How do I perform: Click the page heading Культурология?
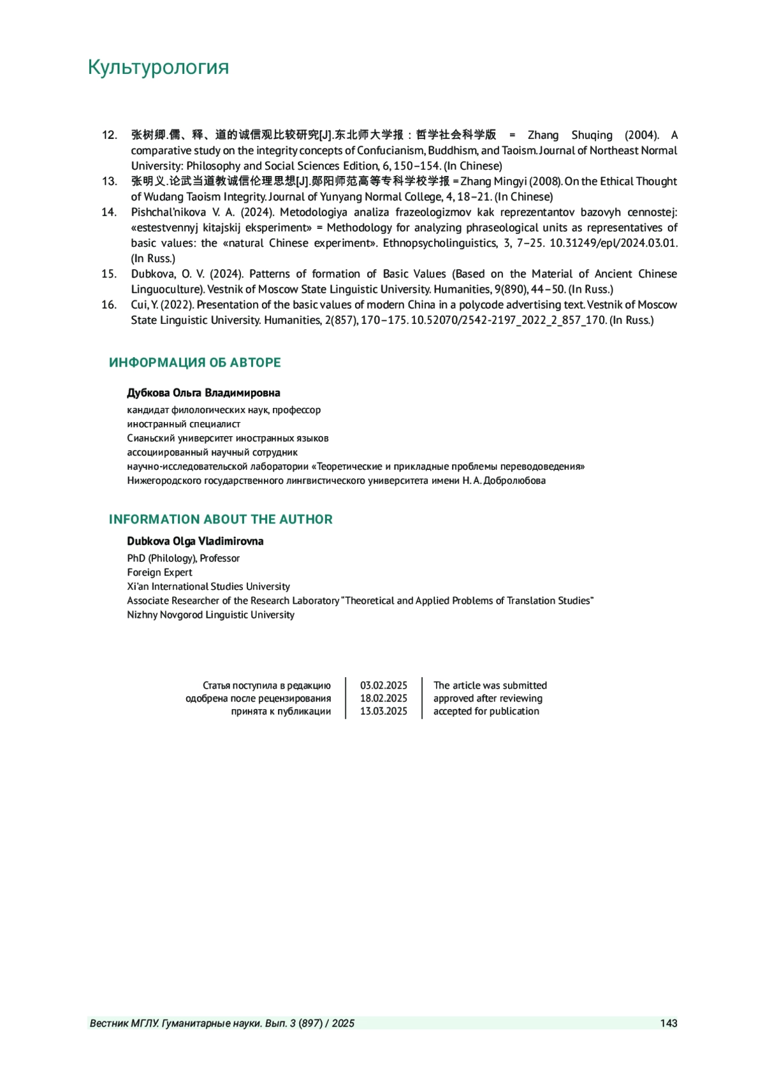[x=158, y=67]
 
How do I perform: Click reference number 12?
[x=109, y=135]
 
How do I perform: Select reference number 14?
[x=109, y=212]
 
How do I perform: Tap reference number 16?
[x=109, y=305]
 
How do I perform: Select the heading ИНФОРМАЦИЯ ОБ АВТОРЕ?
[x=194, y=363]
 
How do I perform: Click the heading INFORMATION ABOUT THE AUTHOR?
[x=221, y=520]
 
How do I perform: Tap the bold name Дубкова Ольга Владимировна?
[x=203, y=393]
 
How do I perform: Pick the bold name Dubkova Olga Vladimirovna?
[x=195, y=541]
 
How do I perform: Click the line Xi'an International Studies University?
[x=208, y=587]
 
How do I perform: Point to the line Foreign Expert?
[x=159, y=573]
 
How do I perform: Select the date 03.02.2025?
[x=383, y=685]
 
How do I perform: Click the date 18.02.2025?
[x=383, y=698]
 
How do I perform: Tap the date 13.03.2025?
[x=383, y=712]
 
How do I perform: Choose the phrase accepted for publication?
[x=486, y=712]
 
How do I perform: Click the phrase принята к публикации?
[x=281, y=712]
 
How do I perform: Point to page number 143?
[x=669, y=1023]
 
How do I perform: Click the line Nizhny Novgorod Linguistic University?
[x=210, y=615]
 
